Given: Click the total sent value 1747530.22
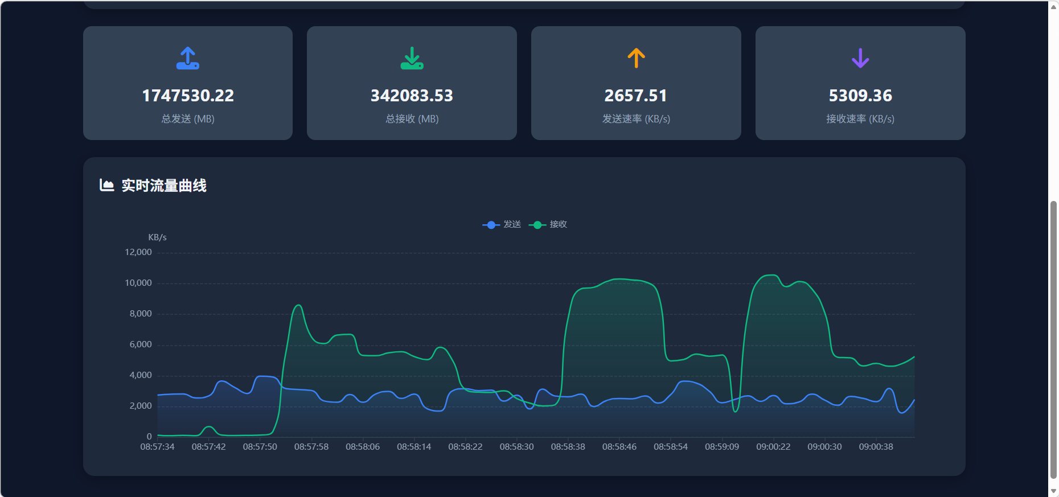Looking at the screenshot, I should (188, 96).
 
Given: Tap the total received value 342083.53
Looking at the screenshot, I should (412, 96).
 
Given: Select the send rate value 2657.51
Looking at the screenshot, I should (635, 96).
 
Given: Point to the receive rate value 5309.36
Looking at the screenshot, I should (860, 96).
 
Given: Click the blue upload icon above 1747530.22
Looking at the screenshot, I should (188, 58).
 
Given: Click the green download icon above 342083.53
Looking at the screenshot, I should (412, 58).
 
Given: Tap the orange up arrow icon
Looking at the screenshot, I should (636, 58).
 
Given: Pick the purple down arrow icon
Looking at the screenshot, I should (860, 58).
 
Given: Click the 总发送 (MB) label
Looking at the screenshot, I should (188, 119).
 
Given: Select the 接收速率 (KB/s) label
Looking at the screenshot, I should (860, 119).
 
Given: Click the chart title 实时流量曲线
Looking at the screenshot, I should (164, 186).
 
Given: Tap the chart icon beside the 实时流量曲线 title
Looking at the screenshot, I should (106, 185).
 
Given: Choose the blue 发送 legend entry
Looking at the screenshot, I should (502, 224).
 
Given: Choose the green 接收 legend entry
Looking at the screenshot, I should (548, 224).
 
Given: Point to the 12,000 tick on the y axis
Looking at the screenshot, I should (138, 252).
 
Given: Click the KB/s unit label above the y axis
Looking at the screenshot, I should (157, 237).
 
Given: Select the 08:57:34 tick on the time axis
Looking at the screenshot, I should (157, 447).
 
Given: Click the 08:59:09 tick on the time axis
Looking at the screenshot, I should (722, 447).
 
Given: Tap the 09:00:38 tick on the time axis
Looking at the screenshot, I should (876, 447).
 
